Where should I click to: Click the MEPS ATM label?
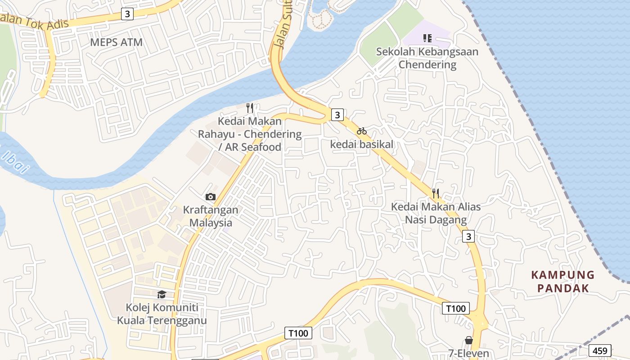[x=116, y=42]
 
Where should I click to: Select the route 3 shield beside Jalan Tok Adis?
[x=128, y=14]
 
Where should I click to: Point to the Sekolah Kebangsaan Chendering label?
[x=427, y=58]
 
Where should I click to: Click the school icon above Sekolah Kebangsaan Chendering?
[x=427, y=38]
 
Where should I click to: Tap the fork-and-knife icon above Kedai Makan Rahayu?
[x=250, y=108]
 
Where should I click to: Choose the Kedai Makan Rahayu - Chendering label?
[x=250, y=134]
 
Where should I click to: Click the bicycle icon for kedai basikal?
[x=362, y=131]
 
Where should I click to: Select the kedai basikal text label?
[x=362, y=144]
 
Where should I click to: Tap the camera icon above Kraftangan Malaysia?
[x=210, y=197]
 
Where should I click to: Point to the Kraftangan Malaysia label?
[x=211, y=216]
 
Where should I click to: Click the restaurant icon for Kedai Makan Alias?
[x=435, y=193]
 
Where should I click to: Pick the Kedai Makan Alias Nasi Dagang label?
[x=436, y=213]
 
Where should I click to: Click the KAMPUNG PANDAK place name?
[x=563, y=281]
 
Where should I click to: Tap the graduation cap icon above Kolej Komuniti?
[x=162, y=294]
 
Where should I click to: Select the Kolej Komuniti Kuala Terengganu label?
[x=162, y=314]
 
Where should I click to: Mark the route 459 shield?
[x=600, y=351]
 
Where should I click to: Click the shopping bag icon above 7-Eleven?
[x=469, y=340]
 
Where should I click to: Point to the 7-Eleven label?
[x=469, y=353]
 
